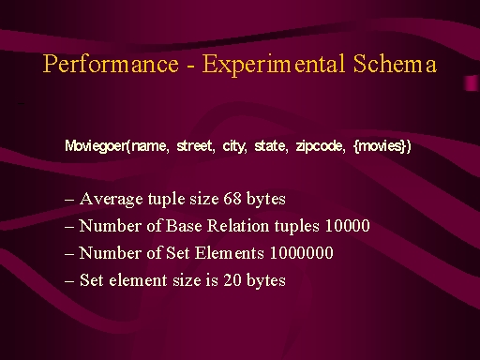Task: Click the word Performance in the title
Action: click(x=111, y=65)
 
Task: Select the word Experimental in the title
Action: click(x=274, y=65)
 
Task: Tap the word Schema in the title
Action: click(x=395, y=64)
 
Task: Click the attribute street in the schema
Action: click(x=194, y=145)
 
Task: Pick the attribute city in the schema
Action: click(x=233, y=146)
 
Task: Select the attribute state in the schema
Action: click(x=270, y=145)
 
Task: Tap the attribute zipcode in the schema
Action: click(x=319, y=146)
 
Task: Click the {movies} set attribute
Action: click(x=381, y=146)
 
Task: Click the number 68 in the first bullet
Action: click(x=232, y=199)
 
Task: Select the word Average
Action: click(x=112, y=200)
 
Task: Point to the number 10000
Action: click(x=348, y=226)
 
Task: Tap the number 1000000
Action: click(x=302, y=253)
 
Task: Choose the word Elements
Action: click(x=230, y=253)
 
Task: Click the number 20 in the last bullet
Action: click(x=232, y=280)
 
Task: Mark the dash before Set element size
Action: click(x=69, y=281)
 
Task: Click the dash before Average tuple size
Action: click(x=69, y=200)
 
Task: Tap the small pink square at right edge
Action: click(x=471, y=83)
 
